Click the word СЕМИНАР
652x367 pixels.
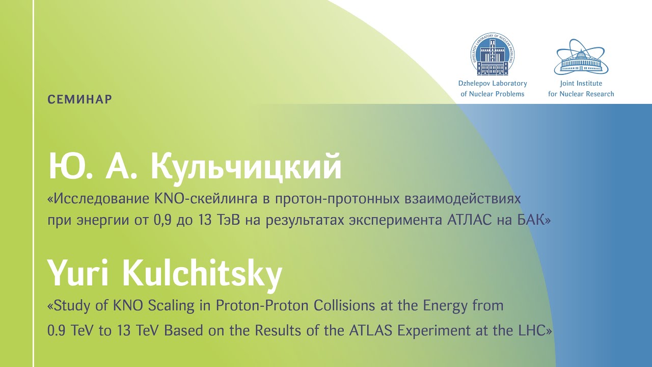[80, 99]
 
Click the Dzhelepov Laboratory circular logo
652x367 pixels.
[492, 55]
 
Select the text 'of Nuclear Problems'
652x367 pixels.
[492, 94]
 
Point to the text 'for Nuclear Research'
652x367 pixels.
[581, 94]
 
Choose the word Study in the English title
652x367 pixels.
[69, 306]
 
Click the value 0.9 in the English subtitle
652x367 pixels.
[56, 331]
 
